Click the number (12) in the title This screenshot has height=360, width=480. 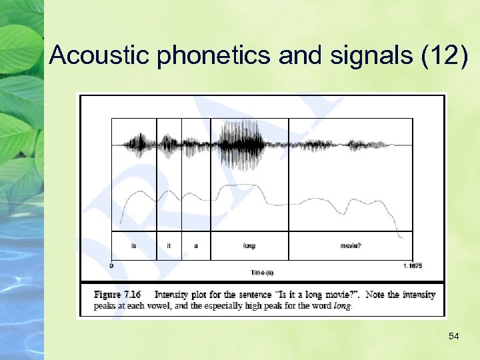coord(445,55)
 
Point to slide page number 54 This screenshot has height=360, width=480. coord(453,336)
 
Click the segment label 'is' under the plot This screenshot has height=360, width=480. coord(133,246)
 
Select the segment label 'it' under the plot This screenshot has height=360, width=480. coord(169,246)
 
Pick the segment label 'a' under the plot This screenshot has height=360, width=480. coord(196,246)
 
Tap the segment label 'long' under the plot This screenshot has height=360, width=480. coord(249,246)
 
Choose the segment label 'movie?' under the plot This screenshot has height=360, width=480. coord(351,246)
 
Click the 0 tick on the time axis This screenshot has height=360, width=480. coord(111,265)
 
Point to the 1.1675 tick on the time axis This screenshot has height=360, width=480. coord(412,265)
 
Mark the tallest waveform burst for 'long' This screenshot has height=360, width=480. coord(237,144)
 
